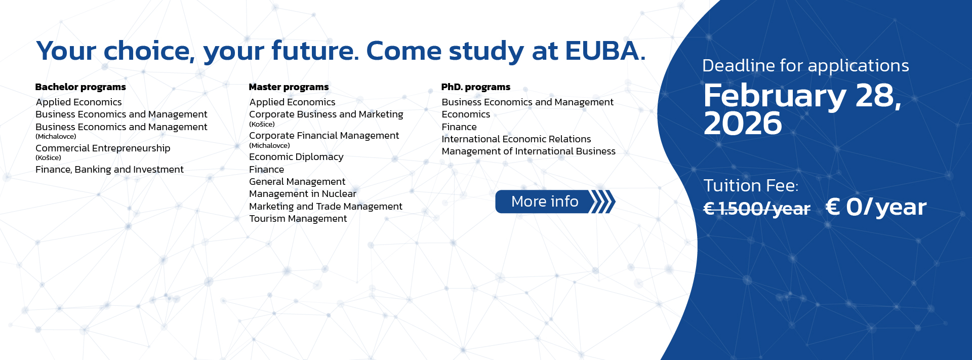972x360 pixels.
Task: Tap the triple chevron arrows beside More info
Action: (603, 202)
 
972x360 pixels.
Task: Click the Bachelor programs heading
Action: (80, 87)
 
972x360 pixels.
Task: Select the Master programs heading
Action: (289, 87)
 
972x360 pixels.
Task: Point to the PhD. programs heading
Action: (476, 87)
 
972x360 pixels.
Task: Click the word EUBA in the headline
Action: (605, 51)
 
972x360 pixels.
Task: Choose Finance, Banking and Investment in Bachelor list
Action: (109, 170)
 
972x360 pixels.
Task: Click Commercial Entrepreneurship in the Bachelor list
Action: (103, 148)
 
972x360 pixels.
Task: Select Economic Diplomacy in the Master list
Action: (296, 157)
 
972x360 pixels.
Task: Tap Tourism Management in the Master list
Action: (298, 219)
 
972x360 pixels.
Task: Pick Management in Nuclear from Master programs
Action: (303, 194)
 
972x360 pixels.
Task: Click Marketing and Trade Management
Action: (326, 207)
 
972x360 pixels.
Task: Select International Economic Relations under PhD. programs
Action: (516, 139)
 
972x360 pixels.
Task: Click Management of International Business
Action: (529, 151)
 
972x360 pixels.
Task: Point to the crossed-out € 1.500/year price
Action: (757, 208)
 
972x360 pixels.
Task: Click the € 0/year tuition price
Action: (876, 207)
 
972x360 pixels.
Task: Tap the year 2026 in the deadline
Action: (743, 124)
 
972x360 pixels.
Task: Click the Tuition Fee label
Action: (751, 186)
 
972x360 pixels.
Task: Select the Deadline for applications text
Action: (805, 66)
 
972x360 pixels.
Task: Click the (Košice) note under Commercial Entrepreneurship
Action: (48, 158)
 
